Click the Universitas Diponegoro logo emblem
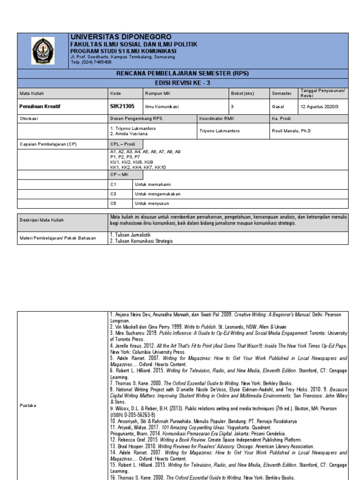[x=43, y=51]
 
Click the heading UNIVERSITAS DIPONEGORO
[x=120, y=37]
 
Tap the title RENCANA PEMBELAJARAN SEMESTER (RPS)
[x=182, y=73]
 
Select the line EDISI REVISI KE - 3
[x=182, y=82]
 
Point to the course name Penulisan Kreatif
[x=40, y=106]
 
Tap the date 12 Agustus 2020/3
[x=320, y=107]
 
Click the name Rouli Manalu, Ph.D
[x=291, y=131]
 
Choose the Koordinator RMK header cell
[x=216, y=119]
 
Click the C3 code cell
[x=113, y=194]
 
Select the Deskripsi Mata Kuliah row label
[x=42, y=220]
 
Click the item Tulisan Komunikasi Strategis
[x=142, y=241]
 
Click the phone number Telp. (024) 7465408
[x=91, y=62]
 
